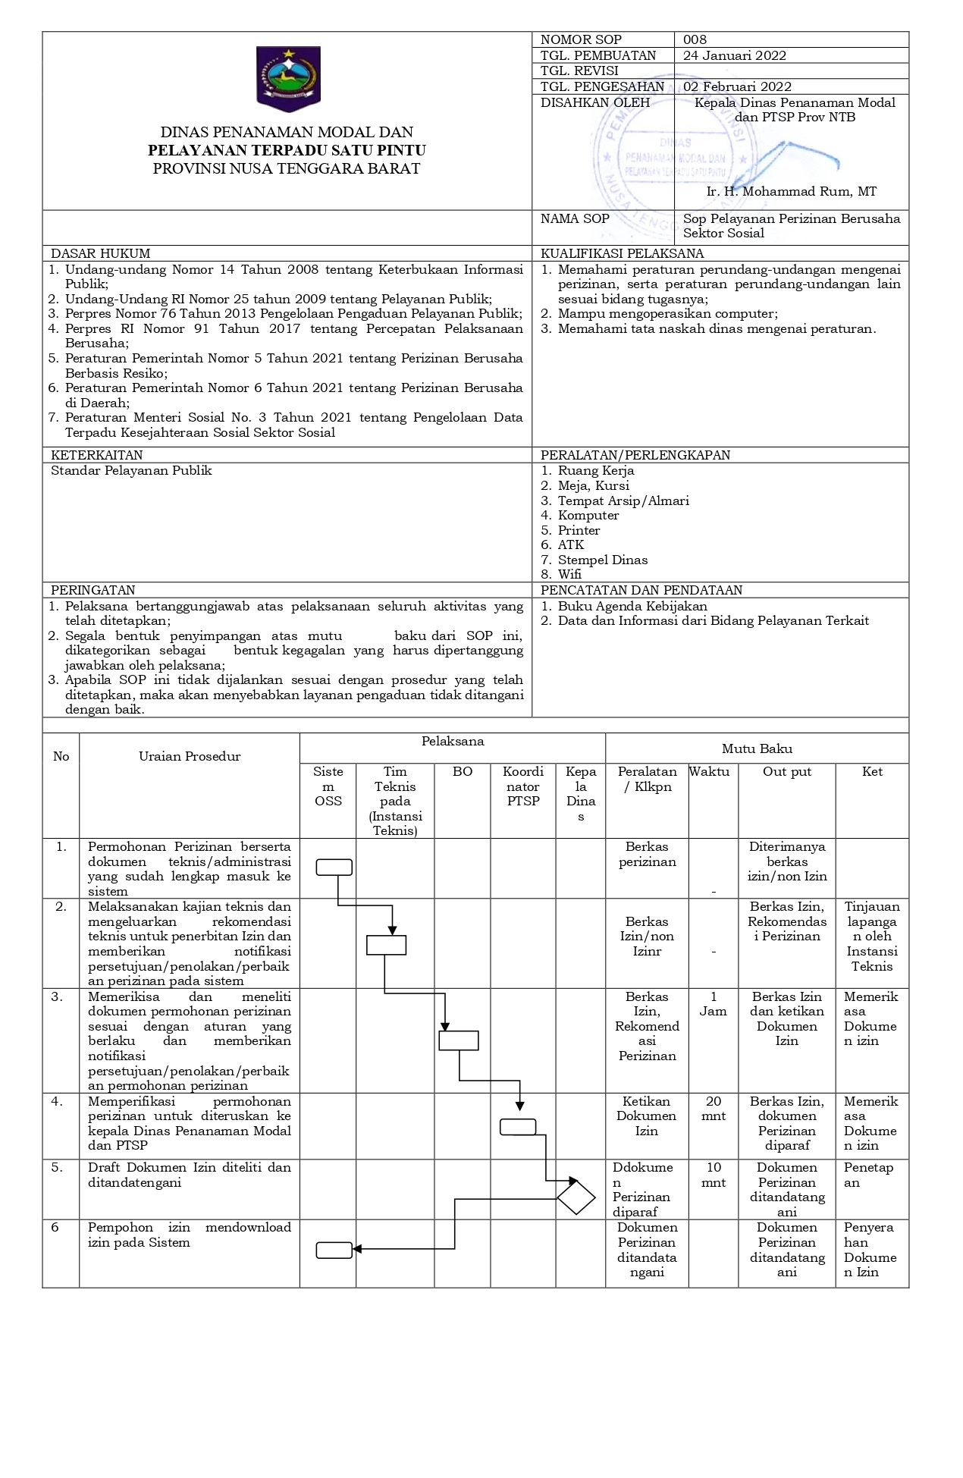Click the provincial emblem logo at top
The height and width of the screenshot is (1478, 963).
pos(288,78)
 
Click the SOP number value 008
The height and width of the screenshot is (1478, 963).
pos(695,39)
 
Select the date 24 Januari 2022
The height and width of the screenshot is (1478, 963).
pos(734,55)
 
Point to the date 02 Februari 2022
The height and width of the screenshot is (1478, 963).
pos(737,86)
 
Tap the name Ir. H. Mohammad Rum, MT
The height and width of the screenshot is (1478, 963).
pos(791,191)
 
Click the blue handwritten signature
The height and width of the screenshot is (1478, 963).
pos(796,158)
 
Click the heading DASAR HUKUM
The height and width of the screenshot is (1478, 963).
pos(100,253)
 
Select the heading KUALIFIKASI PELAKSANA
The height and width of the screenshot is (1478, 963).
pos(622,253)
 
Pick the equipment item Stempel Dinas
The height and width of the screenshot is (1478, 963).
pos(603,560)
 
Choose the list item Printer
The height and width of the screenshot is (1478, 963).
pos(579,530)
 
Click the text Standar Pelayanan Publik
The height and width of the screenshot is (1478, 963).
pos(131,470)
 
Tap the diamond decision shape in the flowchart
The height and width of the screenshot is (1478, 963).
pos(576,1198)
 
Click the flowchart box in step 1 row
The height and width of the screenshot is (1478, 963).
pos(334,867)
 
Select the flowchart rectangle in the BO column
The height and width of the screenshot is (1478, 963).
pos(459,1040)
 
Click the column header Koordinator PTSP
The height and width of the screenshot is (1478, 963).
pos(522,786)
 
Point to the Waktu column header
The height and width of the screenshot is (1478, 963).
pos(710,771)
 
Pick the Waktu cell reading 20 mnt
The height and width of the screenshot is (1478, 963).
pos(714,1108)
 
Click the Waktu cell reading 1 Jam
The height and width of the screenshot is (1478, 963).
pos(713,1003)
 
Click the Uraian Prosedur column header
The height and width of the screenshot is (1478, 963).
pos(190,756)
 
